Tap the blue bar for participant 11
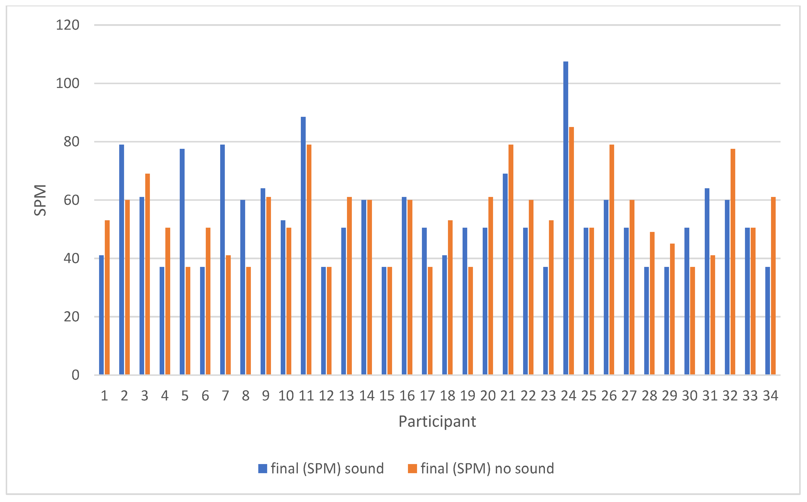click(303, 246)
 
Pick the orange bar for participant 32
click(733, 262)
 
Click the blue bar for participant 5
click(182, 262)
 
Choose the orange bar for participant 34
click(773, 286)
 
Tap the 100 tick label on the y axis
click(68, 83)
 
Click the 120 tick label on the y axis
click(68, 25)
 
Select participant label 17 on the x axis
click(427, 396)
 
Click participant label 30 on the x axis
click(690, 396)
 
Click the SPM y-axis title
click(40, 200)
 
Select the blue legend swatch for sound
click(263, 469)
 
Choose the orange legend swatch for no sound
click(412, 469)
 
